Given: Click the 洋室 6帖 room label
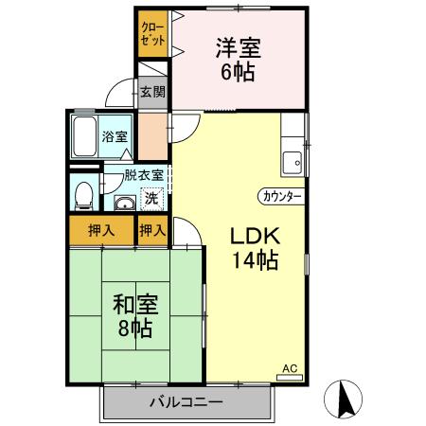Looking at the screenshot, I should click(238, 59).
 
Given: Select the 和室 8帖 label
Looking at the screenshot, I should click(135, 316).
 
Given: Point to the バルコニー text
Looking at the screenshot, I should click(186, 403).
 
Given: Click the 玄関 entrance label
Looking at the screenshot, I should click(152, 92).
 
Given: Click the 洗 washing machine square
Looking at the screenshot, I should click(151, 199).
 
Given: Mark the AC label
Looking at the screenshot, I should click(290, 367).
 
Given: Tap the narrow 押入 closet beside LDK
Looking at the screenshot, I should click(152, 230).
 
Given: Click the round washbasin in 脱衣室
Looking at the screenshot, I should click(124, 203).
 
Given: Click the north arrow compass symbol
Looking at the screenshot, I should click(346, 399).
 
